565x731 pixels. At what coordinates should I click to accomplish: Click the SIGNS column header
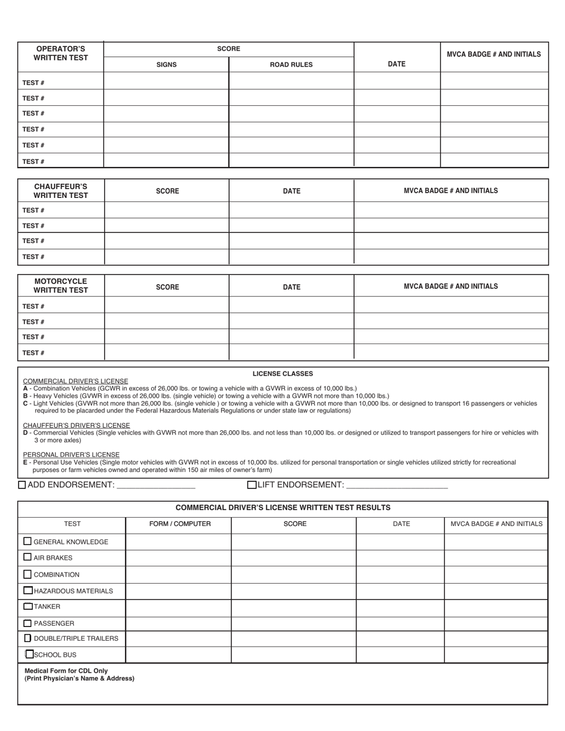coord(166,65)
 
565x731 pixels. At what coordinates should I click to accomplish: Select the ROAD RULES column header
coord(291,65)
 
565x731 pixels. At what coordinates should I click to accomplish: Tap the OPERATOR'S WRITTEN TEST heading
coord(61,53)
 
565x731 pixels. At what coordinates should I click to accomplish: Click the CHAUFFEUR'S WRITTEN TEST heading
coord(61,191)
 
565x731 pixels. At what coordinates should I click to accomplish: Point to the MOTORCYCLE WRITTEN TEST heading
coord(61,286)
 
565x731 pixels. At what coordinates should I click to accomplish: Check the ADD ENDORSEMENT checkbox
coord(22,485)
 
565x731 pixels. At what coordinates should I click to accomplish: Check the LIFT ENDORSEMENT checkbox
coord(252,485)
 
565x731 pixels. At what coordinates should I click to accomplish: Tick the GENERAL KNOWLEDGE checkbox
coord(27,541)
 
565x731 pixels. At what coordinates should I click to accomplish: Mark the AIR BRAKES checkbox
coord(27,557)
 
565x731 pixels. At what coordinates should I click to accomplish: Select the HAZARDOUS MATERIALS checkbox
coord(28,591)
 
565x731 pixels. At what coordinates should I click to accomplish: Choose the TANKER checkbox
coord(28,607)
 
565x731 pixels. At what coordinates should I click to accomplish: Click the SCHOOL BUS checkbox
coord(30,654)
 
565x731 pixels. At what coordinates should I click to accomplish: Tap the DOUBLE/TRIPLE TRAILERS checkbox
coord(28,638)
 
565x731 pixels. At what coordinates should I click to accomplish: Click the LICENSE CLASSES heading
coord(282,374)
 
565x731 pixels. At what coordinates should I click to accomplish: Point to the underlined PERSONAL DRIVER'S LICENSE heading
coord(71,455)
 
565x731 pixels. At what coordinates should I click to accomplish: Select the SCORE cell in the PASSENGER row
coord(294,623)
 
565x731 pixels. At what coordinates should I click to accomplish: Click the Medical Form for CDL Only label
coord(66,670)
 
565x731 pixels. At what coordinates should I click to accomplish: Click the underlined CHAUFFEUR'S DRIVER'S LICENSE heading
coord(76,426)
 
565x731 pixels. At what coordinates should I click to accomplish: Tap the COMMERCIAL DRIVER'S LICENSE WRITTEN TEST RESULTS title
coord(283,508)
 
